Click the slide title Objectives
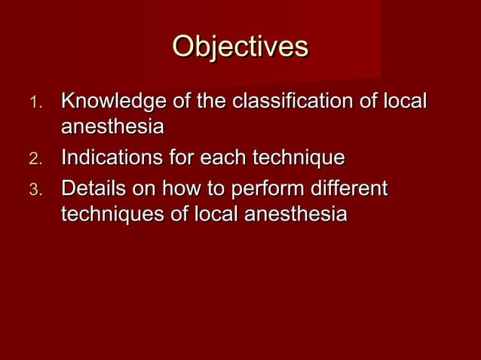[240, 46]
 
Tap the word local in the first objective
[406, 101]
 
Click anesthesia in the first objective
[112, 127]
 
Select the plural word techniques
[112, 215]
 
